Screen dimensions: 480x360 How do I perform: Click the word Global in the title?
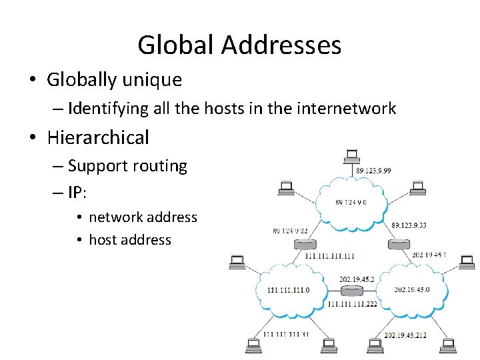pos(175,45)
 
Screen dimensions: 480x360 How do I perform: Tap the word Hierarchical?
pos(98,137)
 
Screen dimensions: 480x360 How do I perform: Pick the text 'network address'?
pos(143,217)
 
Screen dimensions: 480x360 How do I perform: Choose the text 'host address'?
pos(130,240)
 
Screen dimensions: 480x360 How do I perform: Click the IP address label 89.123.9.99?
pos(373,171)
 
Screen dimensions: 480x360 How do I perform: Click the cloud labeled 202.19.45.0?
pos(411,290)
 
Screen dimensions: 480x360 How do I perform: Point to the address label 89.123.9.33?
pos(409,226)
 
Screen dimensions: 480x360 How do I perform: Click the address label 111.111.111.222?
pos(352,303)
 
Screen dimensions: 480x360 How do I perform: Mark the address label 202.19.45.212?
pos(405,335)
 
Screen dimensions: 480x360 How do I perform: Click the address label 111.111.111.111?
pos(329,256)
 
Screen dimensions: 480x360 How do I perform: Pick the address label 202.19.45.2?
pos(357,279)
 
